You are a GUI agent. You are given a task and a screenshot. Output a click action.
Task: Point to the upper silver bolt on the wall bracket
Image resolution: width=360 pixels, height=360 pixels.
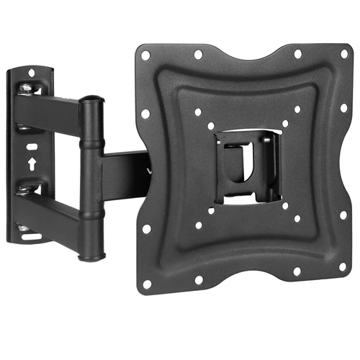coord(26,89)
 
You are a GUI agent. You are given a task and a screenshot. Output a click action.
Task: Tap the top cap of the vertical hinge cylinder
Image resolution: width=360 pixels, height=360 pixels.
coord(90,102)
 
